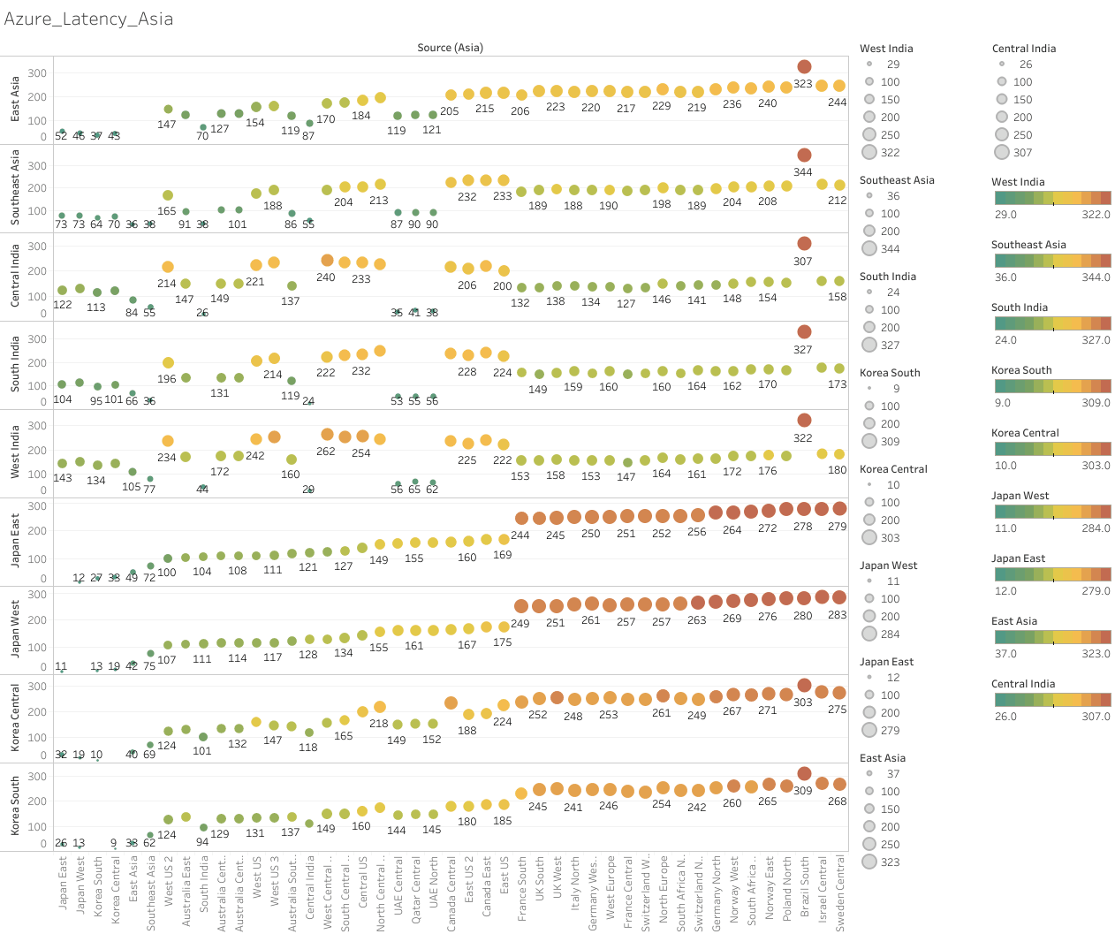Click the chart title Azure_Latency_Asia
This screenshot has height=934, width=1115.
click(x=88, y=19)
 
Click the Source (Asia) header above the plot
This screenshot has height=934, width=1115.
click(x=450, y=48)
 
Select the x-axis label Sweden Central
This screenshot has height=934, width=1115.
click(x=839, y=892)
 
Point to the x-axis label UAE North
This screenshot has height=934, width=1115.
click(x=433, y=885)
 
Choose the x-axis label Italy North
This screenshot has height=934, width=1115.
click(x=574, y=883)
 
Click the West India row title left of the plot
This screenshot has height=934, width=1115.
click(x=15, y=452)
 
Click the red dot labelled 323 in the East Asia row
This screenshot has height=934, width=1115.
click(x=804, y=67)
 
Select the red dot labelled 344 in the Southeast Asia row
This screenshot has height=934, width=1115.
click(x=804, y=156)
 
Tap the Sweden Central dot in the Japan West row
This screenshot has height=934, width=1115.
click(x=839, y=598)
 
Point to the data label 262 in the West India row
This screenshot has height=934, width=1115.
click(x=326, y=452)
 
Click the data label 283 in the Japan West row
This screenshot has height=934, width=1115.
click(x=838, y=615)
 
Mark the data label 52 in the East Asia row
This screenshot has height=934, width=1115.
click(x=61, y=136)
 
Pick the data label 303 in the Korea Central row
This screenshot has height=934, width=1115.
click(x=802, y=702)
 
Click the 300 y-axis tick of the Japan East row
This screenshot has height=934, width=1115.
click(x=37, y=506)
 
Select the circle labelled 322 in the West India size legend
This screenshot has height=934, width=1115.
click(x=869, y=153)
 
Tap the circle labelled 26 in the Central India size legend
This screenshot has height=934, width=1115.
click(x=1001, y=65)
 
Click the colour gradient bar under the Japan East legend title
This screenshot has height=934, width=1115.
click(x=1052, y=574)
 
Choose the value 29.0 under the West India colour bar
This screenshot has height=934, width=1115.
click(x=1005, y=215)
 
